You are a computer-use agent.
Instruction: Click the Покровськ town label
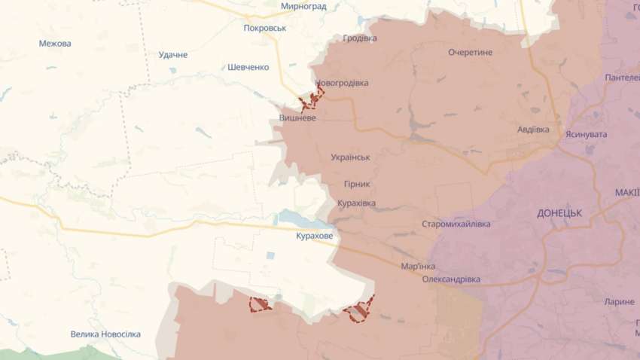(x=265, y=28)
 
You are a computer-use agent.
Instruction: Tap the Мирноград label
(x=303, y=6)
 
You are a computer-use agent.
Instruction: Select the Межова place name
(x=55, y=44)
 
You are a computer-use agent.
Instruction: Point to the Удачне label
(x=173, y=55)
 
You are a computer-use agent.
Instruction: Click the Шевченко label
(x=248, y=67)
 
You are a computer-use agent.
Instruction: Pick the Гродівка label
(x=360, y=38)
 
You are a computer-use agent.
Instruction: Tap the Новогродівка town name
(x=342, y=83)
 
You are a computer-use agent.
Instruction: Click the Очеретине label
(x=470, y=53)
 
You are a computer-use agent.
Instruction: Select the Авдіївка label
(x=533, y=130)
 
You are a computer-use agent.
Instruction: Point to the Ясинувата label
(x=587, y=134)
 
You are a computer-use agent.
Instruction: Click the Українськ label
(x=350, y=157)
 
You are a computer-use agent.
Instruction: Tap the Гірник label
(x=356, y=184)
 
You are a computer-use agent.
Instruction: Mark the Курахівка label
(x=356, y=203)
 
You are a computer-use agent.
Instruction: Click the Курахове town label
(x=314, y=236)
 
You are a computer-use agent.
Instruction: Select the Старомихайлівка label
(x=456, y=224)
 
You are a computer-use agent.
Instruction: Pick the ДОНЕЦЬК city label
(x=559, y=213)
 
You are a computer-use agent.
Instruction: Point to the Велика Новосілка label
(x=105, y=334)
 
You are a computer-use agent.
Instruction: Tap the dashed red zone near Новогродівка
(x=311, y=99)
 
